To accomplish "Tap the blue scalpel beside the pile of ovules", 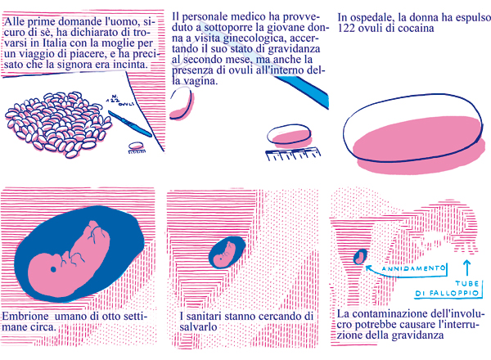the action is point(129,124).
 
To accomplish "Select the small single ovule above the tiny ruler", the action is point(136,146).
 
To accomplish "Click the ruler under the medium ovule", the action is point(293,154).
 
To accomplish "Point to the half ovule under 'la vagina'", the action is point(181,104).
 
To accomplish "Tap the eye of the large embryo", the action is point(53,269).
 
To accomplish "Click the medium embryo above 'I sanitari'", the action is point(227,253).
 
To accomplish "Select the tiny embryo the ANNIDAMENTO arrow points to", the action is point(360,257).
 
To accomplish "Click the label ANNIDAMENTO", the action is point(413,268).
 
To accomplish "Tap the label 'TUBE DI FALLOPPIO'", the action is point(448,288).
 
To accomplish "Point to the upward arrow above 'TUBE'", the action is point(467,268).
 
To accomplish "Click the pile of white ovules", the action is point(58,124).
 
